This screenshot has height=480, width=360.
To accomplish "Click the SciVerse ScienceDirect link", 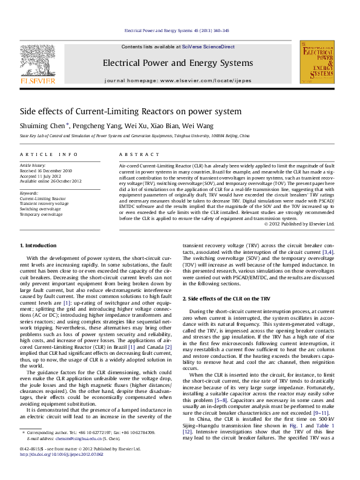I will click(x=210, y=47).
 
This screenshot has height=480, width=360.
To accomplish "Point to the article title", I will click(x=131, y=112).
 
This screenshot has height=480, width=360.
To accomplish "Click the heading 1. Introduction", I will click(x=39, y=245).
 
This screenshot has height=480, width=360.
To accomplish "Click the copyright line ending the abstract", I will click(x=299, y=224).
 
